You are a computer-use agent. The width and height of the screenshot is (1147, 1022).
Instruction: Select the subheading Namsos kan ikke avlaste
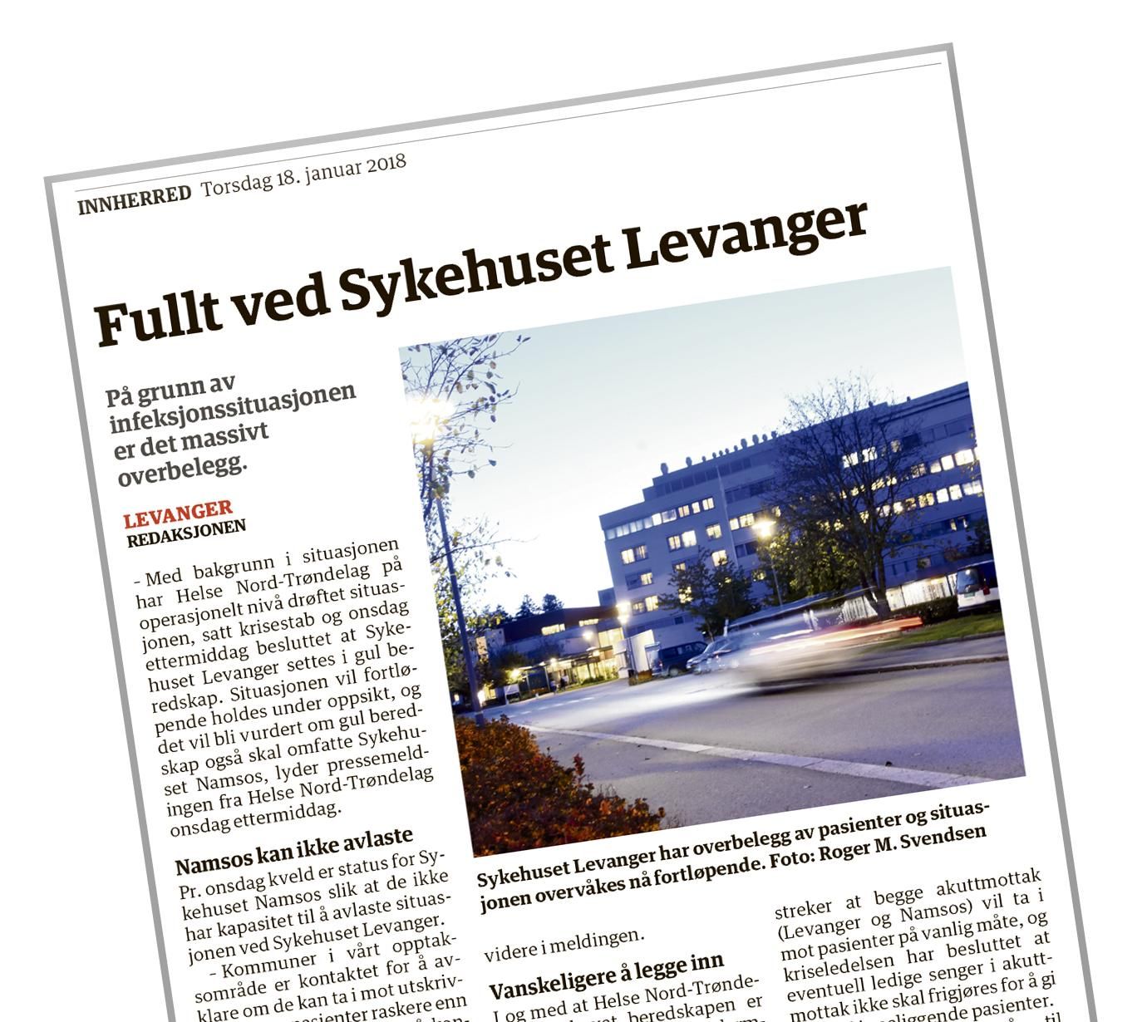click(x=293, y=850)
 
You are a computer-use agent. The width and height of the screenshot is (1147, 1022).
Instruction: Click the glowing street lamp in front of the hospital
click(x=762, y=528)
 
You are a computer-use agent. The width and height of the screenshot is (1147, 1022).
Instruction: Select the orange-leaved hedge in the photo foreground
click(x=532, y=781)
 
